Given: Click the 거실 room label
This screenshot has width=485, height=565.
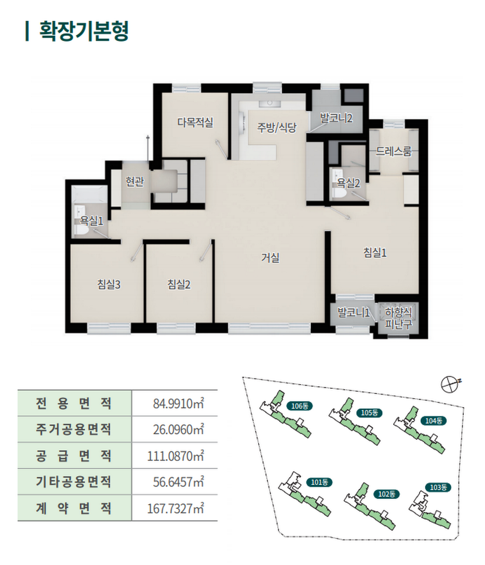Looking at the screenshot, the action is (270, 258).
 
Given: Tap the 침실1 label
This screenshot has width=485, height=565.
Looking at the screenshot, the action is (375, 253).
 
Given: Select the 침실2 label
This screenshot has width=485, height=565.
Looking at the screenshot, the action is (179, 285).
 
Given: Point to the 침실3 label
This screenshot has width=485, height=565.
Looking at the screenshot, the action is (109, 285).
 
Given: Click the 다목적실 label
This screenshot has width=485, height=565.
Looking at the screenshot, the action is (195, 122).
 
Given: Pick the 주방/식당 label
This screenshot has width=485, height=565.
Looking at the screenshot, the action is (277, 127).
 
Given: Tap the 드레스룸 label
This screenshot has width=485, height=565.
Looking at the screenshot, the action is (394, 151).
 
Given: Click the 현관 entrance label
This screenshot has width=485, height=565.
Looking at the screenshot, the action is (134, 181).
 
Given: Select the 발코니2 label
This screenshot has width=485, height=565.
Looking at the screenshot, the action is (336, 118).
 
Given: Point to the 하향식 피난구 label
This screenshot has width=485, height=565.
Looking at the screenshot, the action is (398, 318).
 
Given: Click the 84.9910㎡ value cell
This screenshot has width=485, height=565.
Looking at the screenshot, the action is (179, 403).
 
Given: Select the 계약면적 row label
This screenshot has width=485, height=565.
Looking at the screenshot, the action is (73, 508).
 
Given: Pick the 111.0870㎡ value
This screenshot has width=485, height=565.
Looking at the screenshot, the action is (176, 456).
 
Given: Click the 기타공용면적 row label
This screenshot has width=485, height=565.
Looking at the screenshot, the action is (73, 482).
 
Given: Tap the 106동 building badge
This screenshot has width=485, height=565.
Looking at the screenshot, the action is (300, 406).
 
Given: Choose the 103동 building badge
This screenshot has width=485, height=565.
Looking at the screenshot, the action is (438, 487).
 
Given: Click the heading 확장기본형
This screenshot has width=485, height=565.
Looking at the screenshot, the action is (84, 31).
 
